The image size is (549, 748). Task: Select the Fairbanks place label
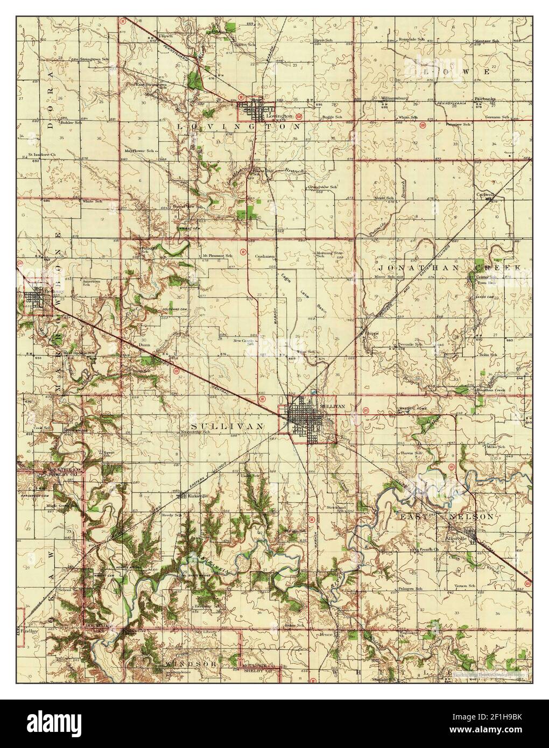[x=485, y=98]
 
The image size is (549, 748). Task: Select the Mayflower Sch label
[x=136, y=151]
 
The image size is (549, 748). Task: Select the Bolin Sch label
[x=488, y=355]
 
